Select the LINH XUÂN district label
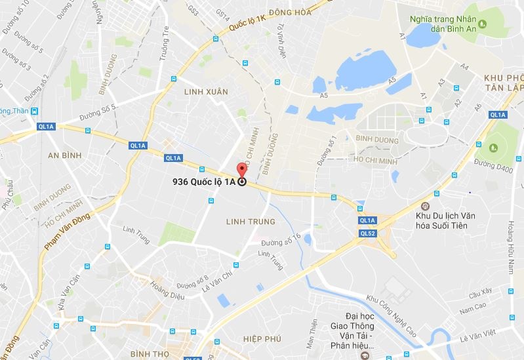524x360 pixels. (206, 92)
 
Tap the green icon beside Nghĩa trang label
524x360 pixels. (483, 25)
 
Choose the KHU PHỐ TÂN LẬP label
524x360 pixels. (503, 83)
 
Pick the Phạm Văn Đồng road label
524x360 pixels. (66, 232)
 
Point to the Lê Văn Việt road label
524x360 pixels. (477, 338)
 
